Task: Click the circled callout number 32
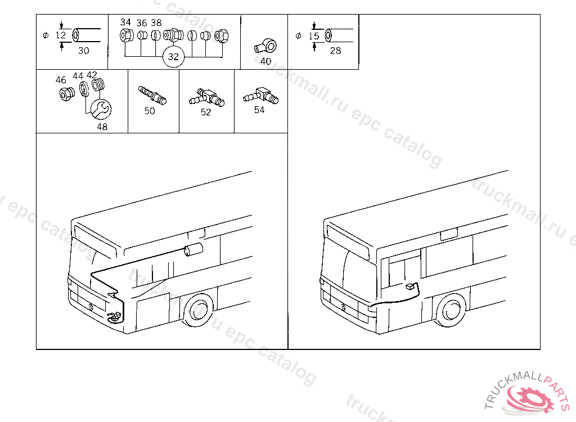(x=173, y=57)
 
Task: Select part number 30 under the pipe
(x=83, y=51)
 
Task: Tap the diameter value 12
(x=61, y=35)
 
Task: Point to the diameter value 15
(x=314, y=36)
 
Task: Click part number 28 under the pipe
(x=335, y=51)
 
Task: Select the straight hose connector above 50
(x=152, y=95)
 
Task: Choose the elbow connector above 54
(x=260, y=95)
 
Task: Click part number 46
(x=61, y=80)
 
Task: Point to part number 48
(x=102, y=127)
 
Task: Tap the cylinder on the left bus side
(x=193, y=250)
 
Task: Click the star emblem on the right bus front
(x=343, y=307)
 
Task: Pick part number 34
(x=125, y=23)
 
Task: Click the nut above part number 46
(x=64, y=94)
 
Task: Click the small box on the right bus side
(x=411, y=287)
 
